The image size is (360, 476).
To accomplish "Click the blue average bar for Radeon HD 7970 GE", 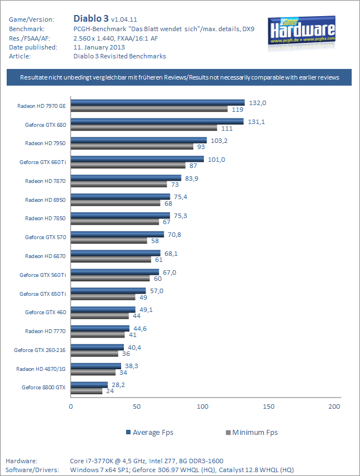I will coord(158,102).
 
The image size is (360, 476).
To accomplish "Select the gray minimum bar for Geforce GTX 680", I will coord(144,128).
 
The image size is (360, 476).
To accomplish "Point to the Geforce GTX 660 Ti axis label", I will coord(43,162).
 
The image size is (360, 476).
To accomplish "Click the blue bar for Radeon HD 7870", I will coord(126,178).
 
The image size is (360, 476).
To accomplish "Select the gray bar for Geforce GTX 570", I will coord(109,240).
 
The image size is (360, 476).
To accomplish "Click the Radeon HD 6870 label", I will coord(46,256).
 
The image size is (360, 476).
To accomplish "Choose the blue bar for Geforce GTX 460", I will coord(103,309).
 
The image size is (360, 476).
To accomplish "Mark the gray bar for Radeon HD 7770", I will coord(98,335).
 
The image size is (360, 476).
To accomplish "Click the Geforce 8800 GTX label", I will coord(44,387).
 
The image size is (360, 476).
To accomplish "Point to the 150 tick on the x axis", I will coord(268,406).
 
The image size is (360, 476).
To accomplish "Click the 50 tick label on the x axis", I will coord(137,406).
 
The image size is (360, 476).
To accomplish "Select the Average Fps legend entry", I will coord(151,432).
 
